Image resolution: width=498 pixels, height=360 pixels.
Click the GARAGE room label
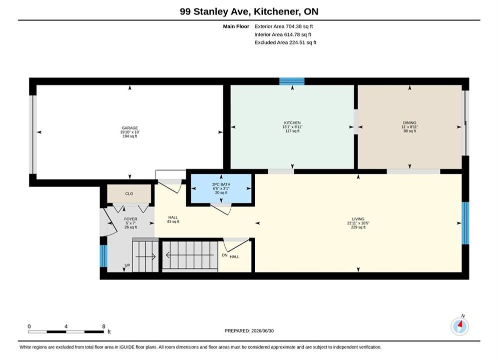click(130, 128)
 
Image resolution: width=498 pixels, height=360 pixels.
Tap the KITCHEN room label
click(292, 122)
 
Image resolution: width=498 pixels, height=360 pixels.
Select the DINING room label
click(410, 122)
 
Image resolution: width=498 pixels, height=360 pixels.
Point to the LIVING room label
click(358, 219)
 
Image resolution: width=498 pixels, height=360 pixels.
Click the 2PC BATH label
click(221, 184)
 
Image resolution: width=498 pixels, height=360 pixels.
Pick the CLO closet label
click(129, 193)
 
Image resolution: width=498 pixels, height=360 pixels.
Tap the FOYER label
click(131, 219)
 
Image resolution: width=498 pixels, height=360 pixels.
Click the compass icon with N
click(459, 325)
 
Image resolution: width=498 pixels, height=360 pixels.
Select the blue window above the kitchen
click(292, 81)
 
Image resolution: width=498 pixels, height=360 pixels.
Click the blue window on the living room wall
click(465, 223)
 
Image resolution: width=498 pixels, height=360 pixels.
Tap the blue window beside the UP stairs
click(104, 256)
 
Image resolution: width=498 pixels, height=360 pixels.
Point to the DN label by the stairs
click(225, 255)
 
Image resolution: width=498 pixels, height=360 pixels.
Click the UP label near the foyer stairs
click(127, 265)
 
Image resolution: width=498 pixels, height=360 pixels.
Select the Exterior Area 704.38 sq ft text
click(284, 26)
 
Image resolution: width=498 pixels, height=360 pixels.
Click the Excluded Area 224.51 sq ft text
click(285, 42)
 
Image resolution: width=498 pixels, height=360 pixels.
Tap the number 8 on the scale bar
click(104, 326)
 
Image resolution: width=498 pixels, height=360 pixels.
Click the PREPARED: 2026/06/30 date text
click(249, 330)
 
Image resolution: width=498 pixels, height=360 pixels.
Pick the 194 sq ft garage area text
click(130, 136)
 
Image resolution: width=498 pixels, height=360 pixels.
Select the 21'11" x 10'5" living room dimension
click(358, 223)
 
